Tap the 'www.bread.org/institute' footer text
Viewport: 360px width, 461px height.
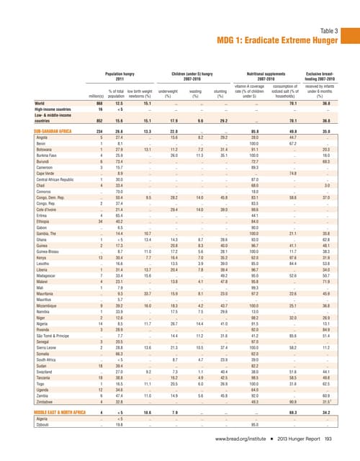pos(240,438)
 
